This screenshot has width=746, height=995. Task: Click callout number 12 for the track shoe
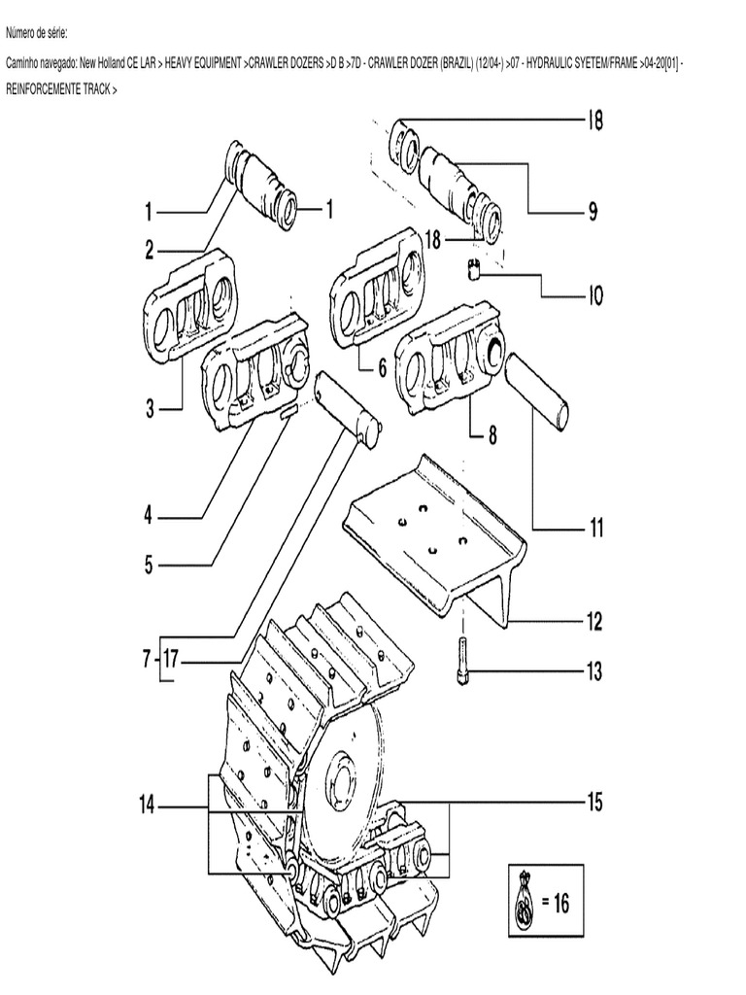pos(593,620)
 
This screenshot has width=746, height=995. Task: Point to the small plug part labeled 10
pos(475,269)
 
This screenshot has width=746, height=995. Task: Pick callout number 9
pos(593,211)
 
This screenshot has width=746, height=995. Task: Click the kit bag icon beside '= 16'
pos(523,901)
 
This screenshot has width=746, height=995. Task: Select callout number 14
pos(147,805)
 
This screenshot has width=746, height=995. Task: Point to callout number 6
pos(382,368)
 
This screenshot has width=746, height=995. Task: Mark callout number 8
pos(492,436)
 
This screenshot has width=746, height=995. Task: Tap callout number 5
pos(149,565)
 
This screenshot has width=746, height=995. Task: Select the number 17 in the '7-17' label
pos(171,660)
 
